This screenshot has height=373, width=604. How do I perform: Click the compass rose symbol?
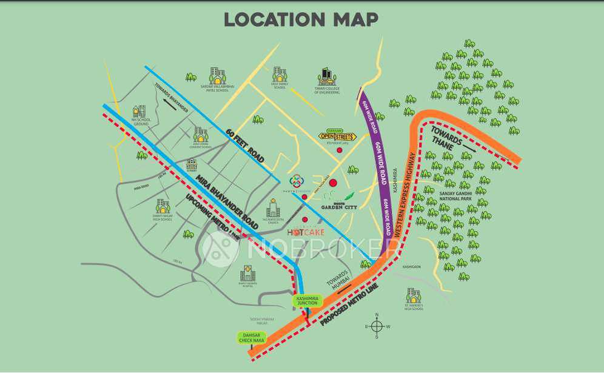(x=377, y=327)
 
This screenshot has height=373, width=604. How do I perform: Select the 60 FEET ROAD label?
(x=246, y=145)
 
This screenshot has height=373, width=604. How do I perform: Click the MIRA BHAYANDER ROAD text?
(x=227, y=201)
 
